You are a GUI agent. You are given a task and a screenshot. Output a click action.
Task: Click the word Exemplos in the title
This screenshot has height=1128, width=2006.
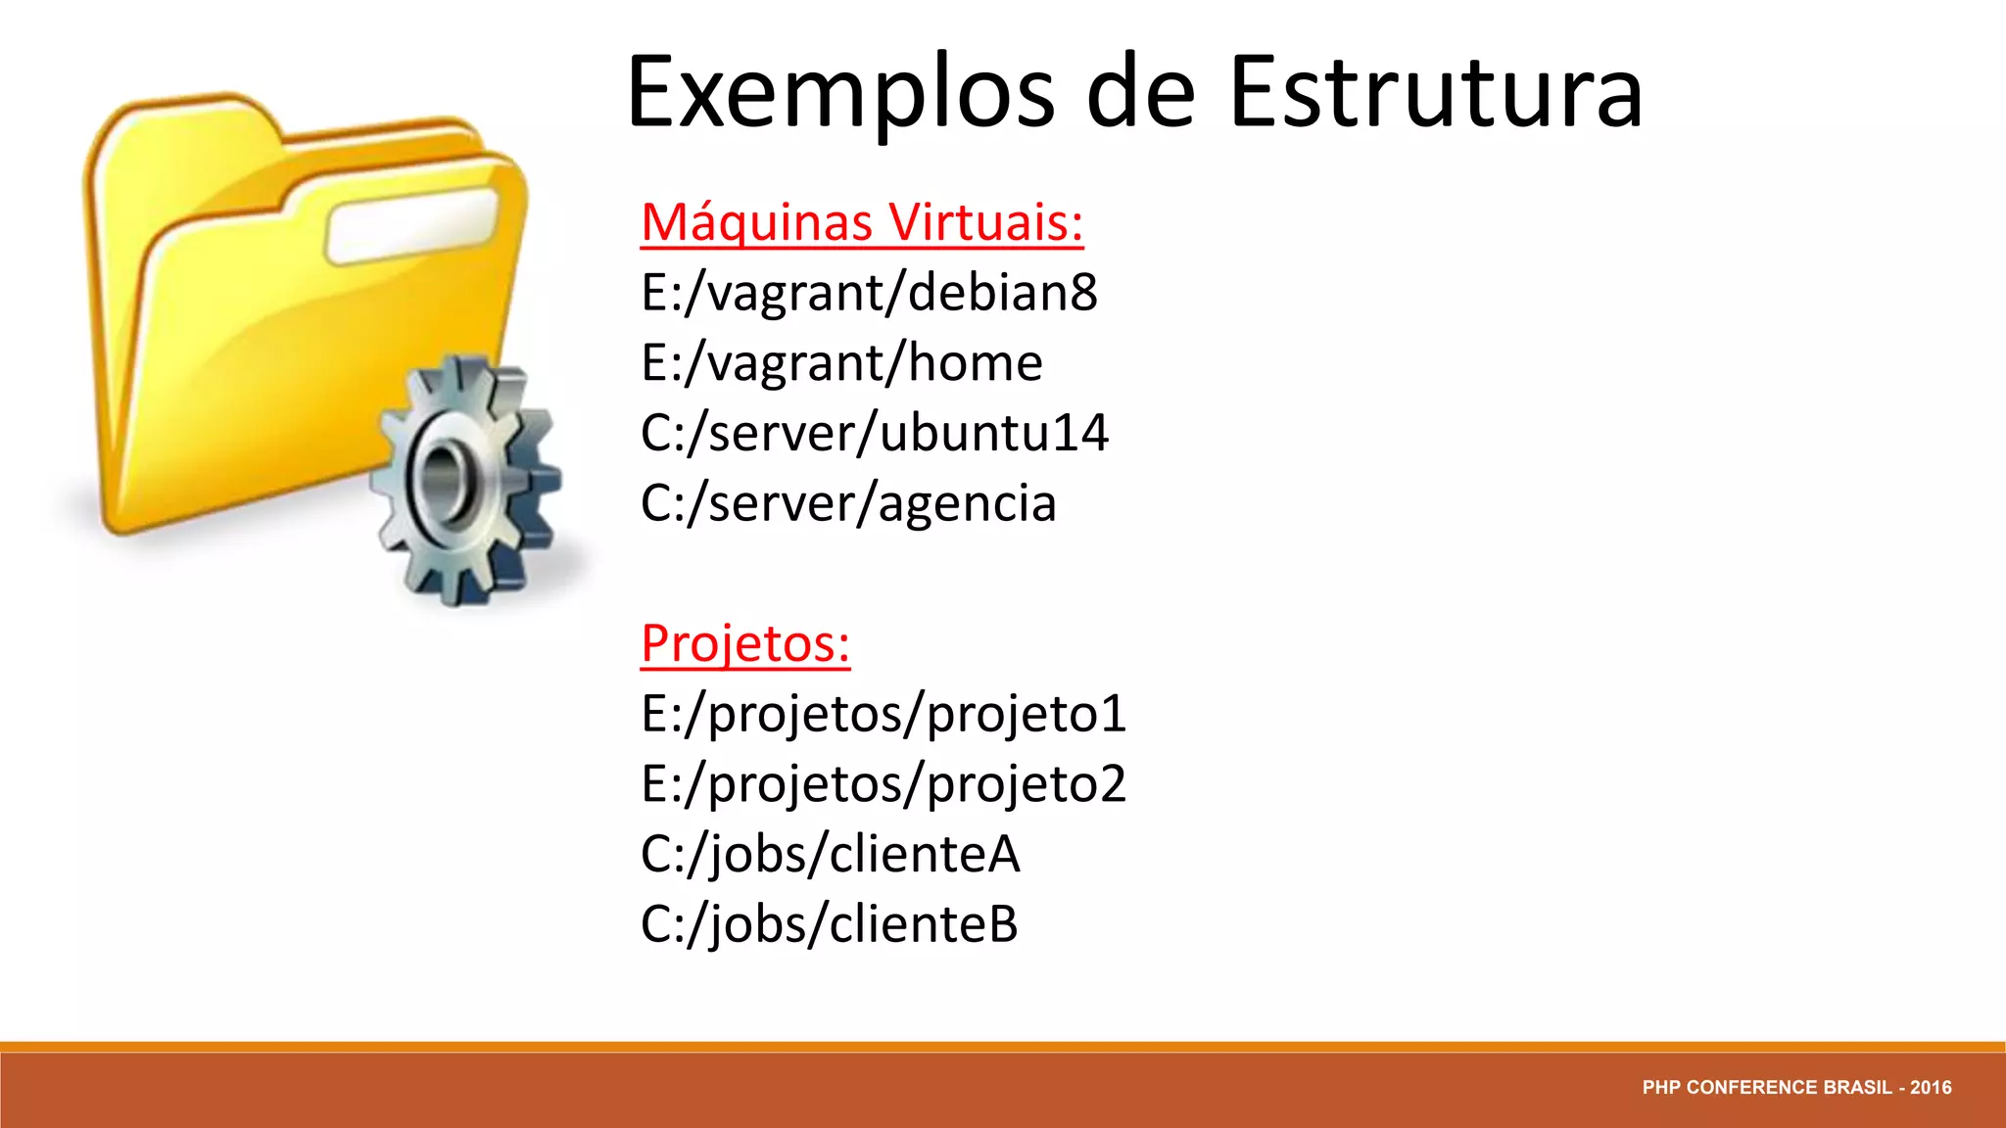click(840, 93)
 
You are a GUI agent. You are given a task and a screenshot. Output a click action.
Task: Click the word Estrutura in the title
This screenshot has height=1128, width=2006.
click(1435, 93)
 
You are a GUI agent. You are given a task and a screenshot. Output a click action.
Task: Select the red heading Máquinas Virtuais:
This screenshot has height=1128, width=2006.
click(862, 222)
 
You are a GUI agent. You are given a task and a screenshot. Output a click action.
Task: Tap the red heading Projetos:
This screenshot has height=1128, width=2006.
click(745, 643)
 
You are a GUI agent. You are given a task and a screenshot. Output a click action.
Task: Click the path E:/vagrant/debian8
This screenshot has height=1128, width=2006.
click(869, 293)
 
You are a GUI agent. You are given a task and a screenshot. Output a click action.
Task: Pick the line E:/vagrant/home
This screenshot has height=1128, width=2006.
click(841, 363)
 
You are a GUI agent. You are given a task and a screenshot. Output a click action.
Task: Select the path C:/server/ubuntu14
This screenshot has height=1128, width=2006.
click(874, 433)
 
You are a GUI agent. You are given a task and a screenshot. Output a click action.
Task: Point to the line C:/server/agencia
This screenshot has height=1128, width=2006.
click(848, 503)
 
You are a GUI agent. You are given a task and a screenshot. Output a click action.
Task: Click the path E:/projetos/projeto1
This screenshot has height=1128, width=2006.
click(884, 714)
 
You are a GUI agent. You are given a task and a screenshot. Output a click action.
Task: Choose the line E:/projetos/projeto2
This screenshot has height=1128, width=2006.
click(884, 784)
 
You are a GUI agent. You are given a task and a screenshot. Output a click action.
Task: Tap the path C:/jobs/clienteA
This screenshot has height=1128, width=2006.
click(830, 854)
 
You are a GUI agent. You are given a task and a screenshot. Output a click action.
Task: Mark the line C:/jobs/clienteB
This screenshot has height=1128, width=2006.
click(829, 924)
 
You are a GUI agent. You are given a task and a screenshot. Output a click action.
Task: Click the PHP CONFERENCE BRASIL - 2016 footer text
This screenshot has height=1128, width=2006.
click(1796, 1088)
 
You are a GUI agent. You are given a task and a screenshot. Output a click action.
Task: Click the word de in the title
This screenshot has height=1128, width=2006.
click(1141, 93)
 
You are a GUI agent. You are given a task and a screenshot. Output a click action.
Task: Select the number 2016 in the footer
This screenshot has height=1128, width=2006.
click(1931, 1088)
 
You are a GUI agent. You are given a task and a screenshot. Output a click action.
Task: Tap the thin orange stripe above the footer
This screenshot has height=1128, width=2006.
click(1003, 1047)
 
